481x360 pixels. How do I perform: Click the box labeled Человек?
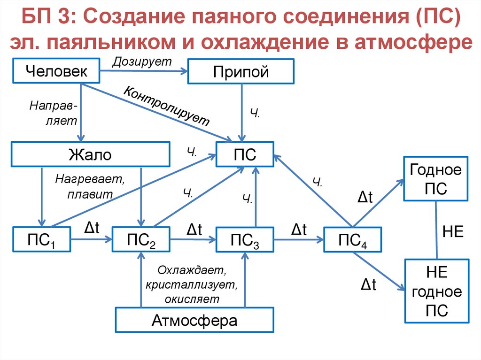click(x=56, y=71)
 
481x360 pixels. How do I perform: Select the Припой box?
click(x=240, y=72)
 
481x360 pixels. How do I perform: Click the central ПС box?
click(x=245, y=154)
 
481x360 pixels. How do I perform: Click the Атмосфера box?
click(x=194, y=321)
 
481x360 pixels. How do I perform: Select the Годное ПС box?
click(x=435, y=179)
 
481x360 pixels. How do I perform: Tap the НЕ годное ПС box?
click(x=436, y=291)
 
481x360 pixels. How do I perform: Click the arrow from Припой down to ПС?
click(x=241, y=113)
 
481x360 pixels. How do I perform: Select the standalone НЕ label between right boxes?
click(x=453, y=231)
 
